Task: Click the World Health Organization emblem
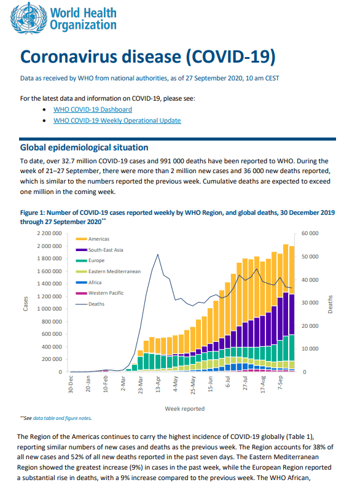(28, 18)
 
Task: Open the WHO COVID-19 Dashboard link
(93, 109)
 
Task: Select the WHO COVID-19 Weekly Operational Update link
(117, 120)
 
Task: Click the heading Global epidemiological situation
(84, 147)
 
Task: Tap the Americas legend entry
(93, 239)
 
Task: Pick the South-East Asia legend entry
(100, 250)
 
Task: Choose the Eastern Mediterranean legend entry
(108, 271)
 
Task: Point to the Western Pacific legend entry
(100, 293)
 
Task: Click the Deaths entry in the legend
(90, 304)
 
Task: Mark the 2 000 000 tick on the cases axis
(49, 246)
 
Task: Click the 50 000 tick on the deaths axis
(310, 257)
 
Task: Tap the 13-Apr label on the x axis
(158, 384)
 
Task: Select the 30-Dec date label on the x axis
(71, 384)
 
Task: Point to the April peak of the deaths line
(158, 255)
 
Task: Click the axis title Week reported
(185, 408)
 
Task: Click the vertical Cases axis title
(25, 303)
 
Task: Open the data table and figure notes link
(62, 418)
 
